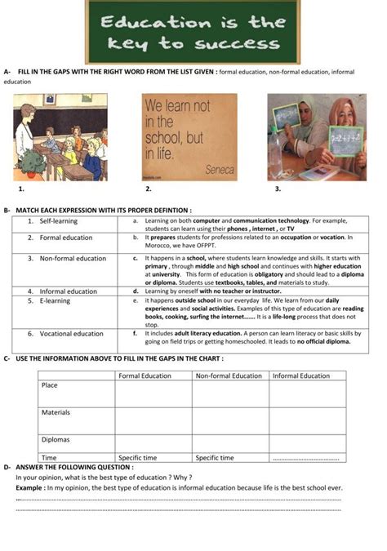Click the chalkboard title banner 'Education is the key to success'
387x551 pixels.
[x=193, y=33]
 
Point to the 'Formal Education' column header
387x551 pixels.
[x=145, y=375]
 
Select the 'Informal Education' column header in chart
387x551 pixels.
[x=300, y=375]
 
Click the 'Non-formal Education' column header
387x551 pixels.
[x=229, y=375]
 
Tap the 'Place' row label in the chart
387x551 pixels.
[x=50, y=385]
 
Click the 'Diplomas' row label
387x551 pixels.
[x=56, y=439]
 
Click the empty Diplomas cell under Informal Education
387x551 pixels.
[x=305, y=443]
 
